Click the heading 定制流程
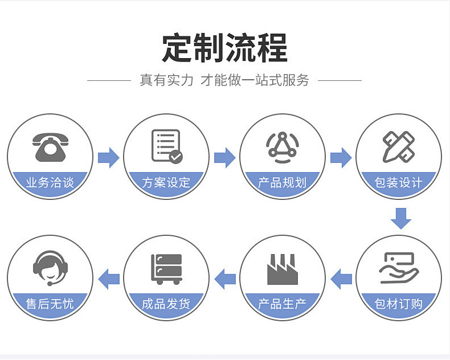point(224,48)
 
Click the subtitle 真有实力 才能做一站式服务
point(224,80)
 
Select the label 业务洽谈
point(50,183)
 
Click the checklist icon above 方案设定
point(166,146)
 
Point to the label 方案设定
point(166,183)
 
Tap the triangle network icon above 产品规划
point(283,146)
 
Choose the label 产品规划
point(283,183)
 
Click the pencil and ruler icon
point(399,146)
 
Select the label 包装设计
point(399,183)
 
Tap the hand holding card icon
point(399,268)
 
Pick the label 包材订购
point(399,304)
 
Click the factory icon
point(283,269)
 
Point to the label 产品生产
point(283,304)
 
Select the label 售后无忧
point(50,304)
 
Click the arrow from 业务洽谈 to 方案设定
point(108,157)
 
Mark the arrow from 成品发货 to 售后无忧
point(109,279)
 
